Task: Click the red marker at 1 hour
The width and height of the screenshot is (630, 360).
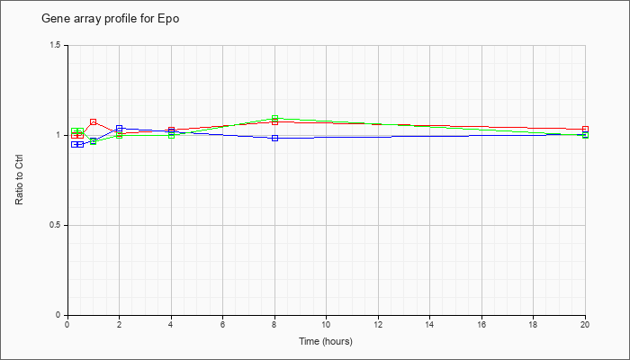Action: click(x=94, y=121)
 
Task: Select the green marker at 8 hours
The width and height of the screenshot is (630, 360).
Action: click(x=274, y=119)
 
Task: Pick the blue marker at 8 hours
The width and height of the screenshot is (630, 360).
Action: click(x=274, y=139)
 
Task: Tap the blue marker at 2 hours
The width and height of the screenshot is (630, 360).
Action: click(x=120, y=128)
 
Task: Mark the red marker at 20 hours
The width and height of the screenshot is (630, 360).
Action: click(x=585, y=129)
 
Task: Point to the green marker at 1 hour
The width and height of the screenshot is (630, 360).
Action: click(x=94, y=141)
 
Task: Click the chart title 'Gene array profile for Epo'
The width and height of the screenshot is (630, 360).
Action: click(x=111, y=19)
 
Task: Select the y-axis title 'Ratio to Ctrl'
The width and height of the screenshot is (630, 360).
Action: click(x=19, y=180)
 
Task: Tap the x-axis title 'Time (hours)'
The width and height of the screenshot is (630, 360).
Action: click(x=326, y=341)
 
